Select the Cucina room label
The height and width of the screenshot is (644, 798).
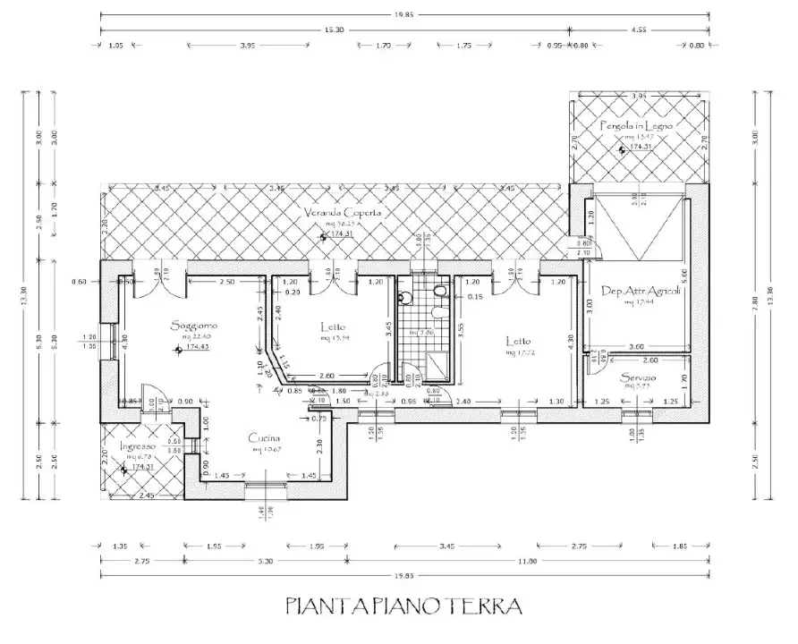[x=265, y=439]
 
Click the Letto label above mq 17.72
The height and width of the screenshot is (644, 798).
[x=519, y=341]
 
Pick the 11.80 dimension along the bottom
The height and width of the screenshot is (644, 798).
[x=528, y=560]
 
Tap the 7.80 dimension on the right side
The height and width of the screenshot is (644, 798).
[x=754, y=301]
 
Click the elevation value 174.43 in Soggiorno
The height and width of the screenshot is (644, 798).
[x=198, y=346]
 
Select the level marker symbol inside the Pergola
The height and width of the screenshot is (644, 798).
[x=622, y=151]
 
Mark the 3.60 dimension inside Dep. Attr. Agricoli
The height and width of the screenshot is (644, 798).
[x=637, y=346]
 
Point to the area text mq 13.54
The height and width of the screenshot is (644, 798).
[x=335, y=339]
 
